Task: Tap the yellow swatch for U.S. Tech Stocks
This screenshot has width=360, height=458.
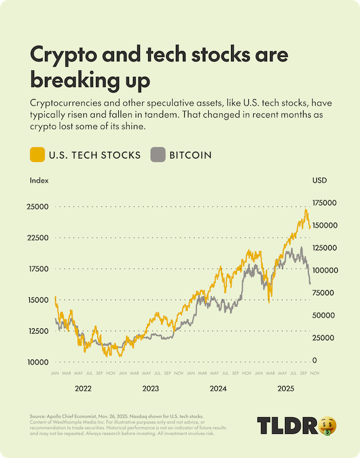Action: [x=37, y=154]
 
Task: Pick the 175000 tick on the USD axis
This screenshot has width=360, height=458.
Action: [x=325, y=203]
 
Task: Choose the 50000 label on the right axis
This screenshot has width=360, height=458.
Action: [x=323, y=315]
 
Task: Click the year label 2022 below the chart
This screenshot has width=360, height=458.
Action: [x=83, y=388]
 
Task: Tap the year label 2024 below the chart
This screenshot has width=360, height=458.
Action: [x=218, y=388]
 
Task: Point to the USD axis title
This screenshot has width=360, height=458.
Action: [x=320, y=179]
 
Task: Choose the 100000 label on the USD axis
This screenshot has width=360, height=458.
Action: [x=325, y=270]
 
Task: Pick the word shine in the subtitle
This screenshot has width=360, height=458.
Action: [x=133, y=127]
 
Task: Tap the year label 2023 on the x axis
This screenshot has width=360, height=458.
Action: [x=151, y=388]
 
